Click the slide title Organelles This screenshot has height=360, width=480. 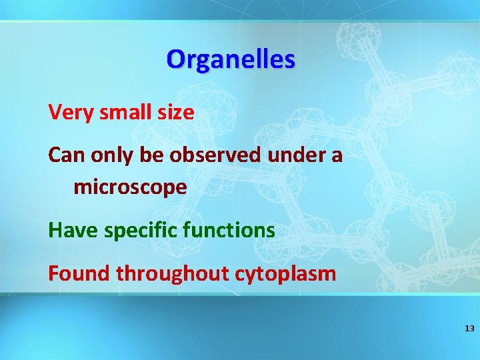coord(231,59)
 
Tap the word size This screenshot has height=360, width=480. coord(177,113)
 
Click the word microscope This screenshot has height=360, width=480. coord(130,188)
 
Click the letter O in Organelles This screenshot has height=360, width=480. coord(176,59)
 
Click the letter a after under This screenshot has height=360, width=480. coord(337,157)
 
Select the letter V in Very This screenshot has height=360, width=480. coord(55,113)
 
